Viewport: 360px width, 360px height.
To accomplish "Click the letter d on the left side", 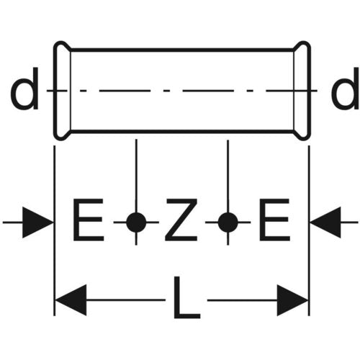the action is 24,89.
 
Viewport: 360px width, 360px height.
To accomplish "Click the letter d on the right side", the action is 345,89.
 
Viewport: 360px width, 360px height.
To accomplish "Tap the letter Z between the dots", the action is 181,220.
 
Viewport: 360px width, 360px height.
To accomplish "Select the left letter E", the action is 89,220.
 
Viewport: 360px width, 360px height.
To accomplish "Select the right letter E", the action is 274,220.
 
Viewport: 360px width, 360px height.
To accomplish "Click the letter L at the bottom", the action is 186,297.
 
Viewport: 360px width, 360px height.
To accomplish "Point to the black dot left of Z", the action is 136,222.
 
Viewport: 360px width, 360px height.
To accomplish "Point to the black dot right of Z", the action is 228,222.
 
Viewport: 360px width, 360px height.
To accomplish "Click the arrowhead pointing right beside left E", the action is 37,222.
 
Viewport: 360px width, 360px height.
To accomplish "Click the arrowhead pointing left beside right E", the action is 325,222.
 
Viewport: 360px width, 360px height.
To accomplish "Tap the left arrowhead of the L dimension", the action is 71,300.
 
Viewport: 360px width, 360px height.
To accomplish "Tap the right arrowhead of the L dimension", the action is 292,300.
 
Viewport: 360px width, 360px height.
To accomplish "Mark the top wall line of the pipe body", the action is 182,50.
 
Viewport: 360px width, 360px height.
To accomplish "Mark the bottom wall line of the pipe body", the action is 182,132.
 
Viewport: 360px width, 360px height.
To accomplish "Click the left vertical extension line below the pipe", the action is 55,230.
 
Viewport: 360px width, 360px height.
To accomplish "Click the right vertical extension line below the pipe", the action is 309,230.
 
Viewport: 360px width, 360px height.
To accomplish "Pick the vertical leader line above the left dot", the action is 136,176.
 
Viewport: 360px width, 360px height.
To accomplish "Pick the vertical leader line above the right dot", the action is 228,176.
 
